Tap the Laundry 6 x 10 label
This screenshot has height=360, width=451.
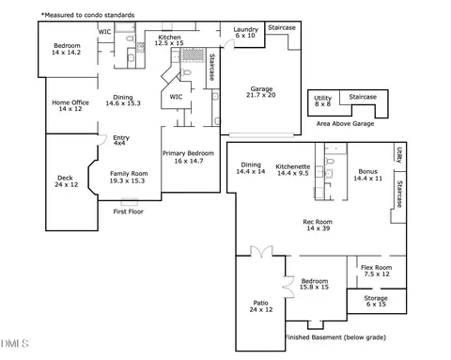click(245, 33)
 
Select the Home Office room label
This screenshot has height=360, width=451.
click(70, 105)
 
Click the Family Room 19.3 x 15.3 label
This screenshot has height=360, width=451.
click(129, 177)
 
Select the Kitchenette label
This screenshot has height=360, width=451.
click(292, 169)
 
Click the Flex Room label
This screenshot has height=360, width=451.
click(376, 271)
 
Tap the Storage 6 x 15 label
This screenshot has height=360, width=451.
click(375, 302)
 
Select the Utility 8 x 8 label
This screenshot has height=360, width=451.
click(322, 101)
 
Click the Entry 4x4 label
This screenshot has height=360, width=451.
click(120, 141)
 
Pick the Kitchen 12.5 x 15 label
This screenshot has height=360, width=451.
click(169, 40)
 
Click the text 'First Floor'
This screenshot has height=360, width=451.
click(130, 212)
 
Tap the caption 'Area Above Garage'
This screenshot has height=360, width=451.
click(345, 123)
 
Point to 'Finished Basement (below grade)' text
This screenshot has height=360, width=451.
click(328, 337)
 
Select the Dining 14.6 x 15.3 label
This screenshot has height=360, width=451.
click(124, 101)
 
